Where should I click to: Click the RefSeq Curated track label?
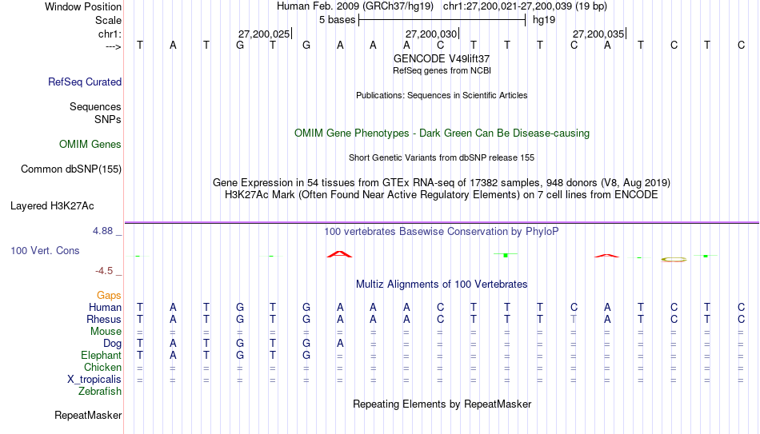pyautogui.click(x=85, y=82)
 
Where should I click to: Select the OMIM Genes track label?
pyautogui.click(x=90, y=145)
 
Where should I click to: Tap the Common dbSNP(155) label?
pyautogui.click(x=71, y=169)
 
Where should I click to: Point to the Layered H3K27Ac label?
pyautogui.click(x=52, y=206)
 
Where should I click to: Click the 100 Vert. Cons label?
pyautogui.click(x=45, y=250)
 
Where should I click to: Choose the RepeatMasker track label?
pyautogui.click(x=88, y=415)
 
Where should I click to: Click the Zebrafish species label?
pyautogui.click(x=100, y=391)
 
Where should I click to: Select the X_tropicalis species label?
pyautogui.click(x=94, y=380)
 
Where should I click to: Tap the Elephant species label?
pyautogui.click(x=101, y=355)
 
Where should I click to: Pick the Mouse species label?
pyautogui.click(x=106, y=332)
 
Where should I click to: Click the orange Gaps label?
pyautogui.click(x=109, y=296)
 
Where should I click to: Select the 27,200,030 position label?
pyautogui.click(x=431, y=34)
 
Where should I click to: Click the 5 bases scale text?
pyautogui.click(x=338, y=20)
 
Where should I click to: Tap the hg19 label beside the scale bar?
pyautogui.click(x=544, y=20)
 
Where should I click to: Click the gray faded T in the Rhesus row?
pyautogui.click(x=574, y=319)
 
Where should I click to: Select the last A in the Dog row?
pyautogui.click(x=340, y=344)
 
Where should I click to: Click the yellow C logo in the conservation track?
pyautogui.click(x=674, y=260)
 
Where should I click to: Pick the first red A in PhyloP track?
pyautogui.click(x=340, y=254)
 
